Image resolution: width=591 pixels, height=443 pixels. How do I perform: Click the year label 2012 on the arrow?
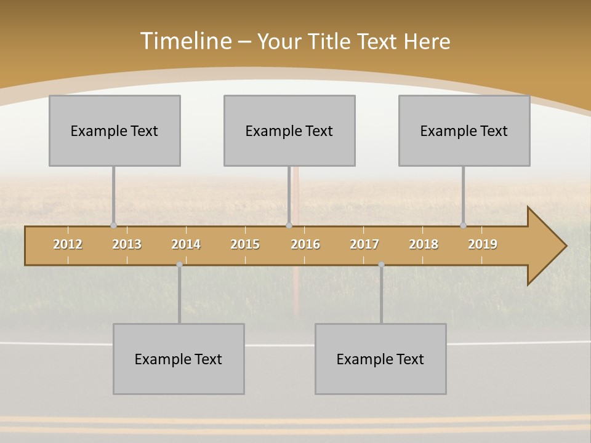point(68,244)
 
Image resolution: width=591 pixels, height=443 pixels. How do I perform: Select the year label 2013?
point(127,244)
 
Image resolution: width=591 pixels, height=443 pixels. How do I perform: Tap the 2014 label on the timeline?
point(186,244)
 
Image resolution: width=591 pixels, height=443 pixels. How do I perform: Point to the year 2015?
point(245,244)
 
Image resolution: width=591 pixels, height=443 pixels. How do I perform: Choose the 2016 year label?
point(305,244)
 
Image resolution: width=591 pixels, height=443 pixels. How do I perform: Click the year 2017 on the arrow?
point(364,244)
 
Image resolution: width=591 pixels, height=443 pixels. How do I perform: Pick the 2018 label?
point(424,244)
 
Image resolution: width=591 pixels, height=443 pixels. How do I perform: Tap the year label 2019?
point(483,244)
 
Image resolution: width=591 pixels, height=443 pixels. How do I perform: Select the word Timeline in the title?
point(185,41)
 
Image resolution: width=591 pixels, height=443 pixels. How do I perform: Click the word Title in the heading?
point(331,41)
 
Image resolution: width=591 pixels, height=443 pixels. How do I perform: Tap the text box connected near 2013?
point(115,130)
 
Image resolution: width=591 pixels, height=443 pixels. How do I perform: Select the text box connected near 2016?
point(289,130)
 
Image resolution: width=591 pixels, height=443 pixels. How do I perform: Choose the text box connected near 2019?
point(464,130)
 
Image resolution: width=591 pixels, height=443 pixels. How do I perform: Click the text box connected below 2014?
point(179,359)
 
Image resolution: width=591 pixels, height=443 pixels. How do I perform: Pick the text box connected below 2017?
point(380,359)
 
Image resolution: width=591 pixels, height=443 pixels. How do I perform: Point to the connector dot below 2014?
point(179,265)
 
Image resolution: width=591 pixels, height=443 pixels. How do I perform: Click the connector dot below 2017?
point(381,265)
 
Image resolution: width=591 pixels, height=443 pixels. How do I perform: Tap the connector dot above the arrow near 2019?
point(464,225)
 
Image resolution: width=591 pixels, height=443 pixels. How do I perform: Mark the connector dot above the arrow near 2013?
point(113,225)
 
